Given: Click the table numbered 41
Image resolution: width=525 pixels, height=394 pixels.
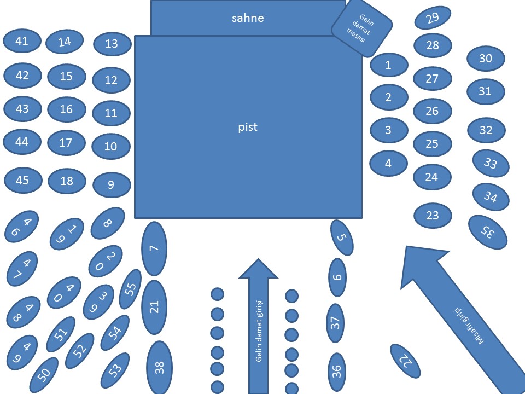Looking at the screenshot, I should (x=22, y=41).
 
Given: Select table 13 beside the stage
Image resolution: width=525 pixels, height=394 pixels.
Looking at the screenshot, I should (x=112, y=44).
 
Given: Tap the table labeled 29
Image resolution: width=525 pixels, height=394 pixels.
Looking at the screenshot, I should (x=433, y=18).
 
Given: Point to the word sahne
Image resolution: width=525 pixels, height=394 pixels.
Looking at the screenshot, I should (x=247, y=18).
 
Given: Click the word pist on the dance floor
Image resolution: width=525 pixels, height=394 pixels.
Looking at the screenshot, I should (x=248, y=128).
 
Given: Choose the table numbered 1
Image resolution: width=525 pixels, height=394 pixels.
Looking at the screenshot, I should (x=389, y=65).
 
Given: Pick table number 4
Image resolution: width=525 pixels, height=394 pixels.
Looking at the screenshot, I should (x=388, y=163).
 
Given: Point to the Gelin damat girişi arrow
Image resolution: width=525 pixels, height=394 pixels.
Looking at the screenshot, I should (x=259, y=328).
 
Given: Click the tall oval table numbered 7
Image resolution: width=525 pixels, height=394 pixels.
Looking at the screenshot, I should (x=154, y=248).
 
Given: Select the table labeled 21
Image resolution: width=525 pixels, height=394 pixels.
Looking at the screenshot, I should (x=154, y=307).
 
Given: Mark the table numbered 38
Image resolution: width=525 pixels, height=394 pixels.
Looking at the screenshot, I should (x=159, y=367).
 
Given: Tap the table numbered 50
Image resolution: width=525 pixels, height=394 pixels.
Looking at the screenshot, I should (x=44, y=375).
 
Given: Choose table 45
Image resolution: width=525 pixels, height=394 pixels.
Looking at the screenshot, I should (x=22, y=180).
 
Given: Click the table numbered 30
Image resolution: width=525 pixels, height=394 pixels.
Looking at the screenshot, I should (x=486, y=59).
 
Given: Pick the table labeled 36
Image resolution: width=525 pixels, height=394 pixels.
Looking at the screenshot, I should (x=337, y=372).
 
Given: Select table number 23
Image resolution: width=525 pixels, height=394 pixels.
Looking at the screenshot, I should (x=432, y=215).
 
